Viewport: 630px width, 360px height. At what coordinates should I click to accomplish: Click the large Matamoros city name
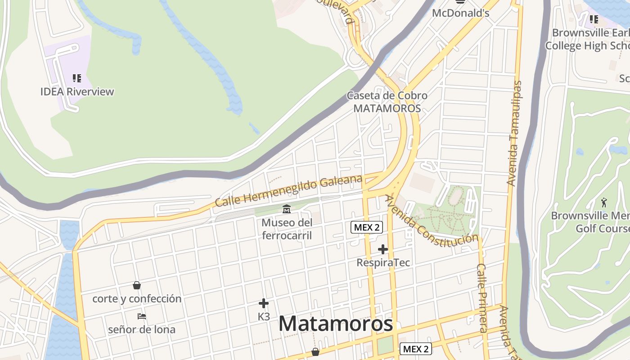[335, 324]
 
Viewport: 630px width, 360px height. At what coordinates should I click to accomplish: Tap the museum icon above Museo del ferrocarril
[286, 209]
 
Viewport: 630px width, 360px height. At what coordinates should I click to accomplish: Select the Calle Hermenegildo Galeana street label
[288, 191]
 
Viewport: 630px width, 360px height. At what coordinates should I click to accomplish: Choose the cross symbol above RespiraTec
[383, 249]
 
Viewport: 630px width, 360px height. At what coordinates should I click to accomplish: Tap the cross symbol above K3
[264, 303]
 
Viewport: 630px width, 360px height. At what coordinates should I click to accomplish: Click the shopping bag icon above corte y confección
[137, 285]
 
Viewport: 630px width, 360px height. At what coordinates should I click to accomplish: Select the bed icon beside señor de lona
[142, 316]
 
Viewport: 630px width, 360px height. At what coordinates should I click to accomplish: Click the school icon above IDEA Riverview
[77, 79]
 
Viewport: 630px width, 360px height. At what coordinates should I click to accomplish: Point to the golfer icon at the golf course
[604, 202]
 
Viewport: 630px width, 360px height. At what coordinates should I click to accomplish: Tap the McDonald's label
[460, 13]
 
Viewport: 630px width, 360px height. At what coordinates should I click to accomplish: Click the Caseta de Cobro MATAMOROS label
[387, 102]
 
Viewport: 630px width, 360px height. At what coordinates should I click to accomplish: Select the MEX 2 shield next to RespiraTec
[367, 227]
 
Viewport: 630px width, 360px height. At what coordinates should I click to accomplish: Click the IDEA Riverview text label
[77, 92]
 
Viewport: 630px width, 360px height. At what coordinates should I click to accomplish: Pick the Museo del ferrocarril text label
[287, 229]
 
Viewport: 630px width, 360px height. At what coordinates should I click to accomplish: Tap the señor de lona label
[142, 329]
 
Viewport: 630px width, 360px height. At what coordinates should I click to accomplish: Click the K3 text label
[264, 316]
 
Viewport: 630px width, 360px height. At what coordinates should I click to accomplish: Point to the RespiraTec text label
[383, 262]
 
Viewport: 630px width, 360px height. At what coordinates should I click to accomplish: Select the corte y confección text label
[137, 298]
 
